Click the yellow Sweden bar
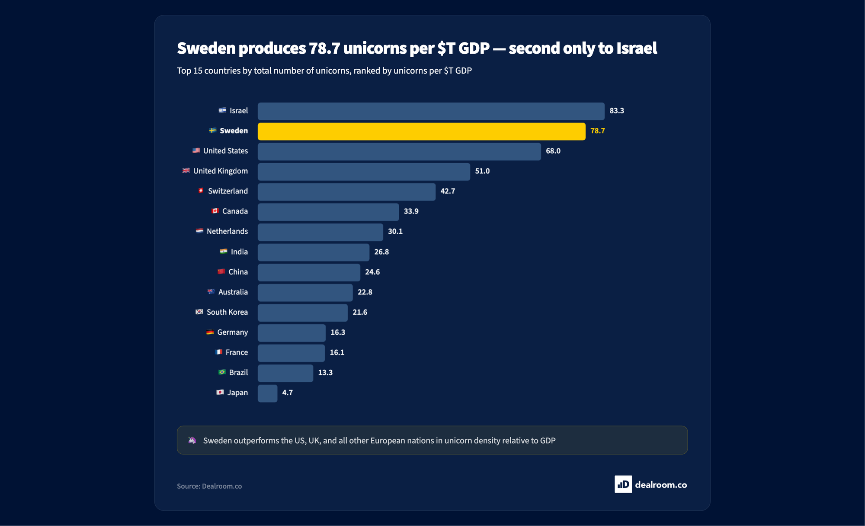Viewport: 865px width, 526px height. tap(422, 131)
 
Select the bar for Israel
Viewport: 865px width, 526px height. tap(431, 111)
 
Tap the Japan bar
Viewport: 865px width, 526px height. tap(268, 393)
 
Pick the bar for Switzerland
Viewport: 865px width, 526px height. tap(346, 192)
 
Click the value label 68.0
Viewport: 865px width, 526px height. tap(553, 151)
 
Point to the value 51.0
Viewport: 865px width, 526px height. tap(482, 171)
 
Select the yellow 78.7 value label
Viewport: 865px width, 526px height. tap(597, 131)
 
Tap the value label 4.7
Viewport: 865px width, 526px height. tap(287, 393)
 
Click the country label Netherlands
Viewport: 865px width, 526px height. tap(227, 231)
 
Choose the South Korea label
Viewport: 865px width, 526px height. tap(227, 312)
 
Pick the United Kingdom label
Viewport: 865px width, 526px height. tap(220, 171)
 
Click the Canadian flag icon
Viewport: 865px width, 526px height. tap(215, 211)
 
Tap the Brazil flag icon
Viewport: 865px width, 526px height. tap(222, 372)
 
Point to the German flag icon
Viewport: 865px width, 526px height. tap(210, 332)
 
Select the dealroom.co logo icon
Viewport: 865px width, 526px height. tap(623, 484)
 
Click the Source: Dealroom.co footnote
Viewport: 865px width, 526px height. tap(209, 486)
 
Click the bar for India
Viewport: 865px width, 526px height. tap(314, 252)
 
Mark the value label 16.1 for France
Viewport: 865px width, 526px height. tap(337, 352)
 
